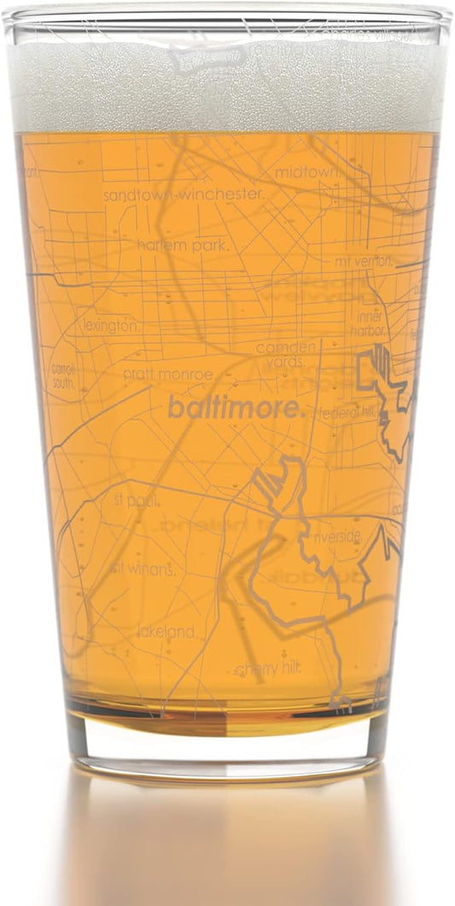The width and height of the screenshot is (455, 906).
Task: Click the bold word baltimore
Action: pyautogui.click(x=236, y=408)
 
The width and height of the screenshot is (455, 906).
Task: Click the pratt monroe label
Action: pyautogui.click(x=167, y=375)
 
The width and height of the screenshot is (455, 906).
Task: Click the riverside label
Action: pyautogui.click(x=341, y=537)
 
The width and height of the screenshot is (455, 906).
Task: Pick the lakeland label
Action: pyautogui.click(x=168, y=632)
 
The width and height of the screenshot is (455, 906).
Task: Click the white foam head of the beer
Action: pyautogui.click(x=227, y=85)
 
